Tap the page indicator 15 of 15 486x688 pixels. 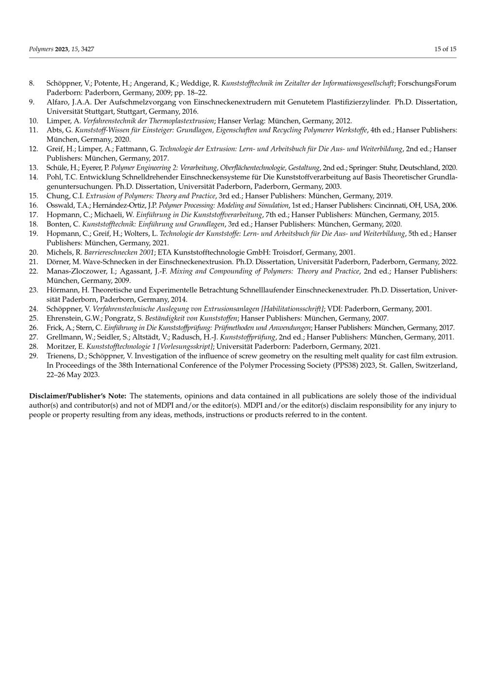(x=445, y=49)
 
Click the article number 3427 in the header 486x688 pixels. (x=87, y=49)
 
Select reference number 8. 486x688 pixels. (x=32, y=83)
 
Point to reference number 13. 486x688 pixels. (x=33, y=168)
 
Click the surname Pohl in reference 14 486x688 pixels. (x=54, y=177)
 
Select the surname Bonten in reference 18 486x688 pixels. (x=58, y=224)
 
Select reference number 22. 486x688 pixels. (x=33, y=271)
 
